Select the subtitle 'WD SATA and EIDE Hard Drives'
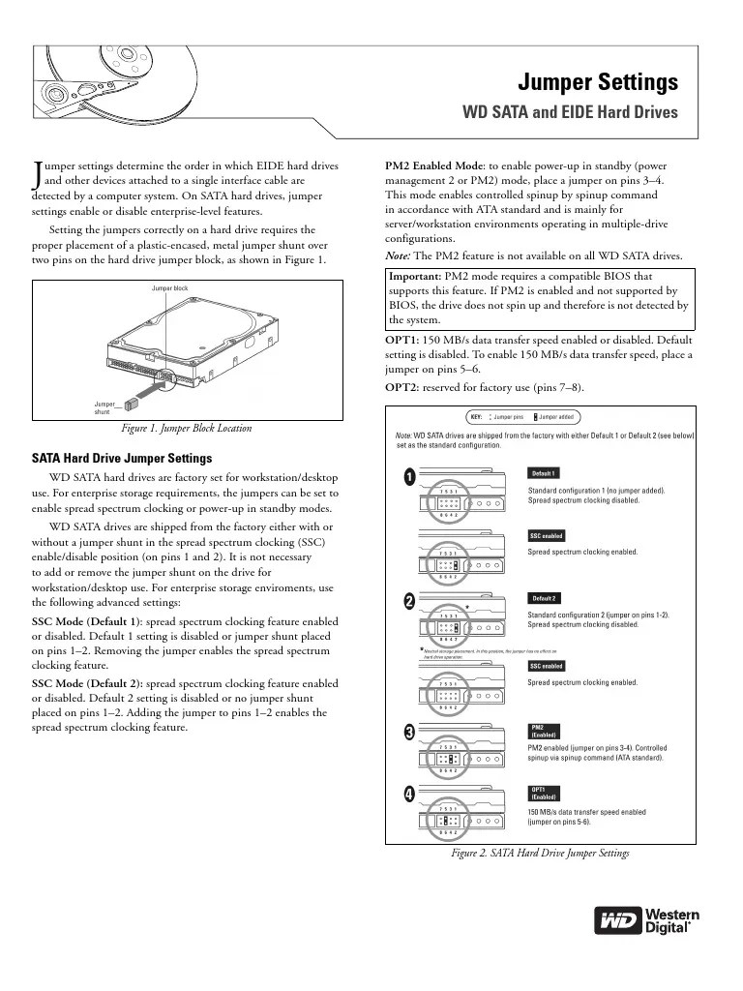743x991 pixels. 572,112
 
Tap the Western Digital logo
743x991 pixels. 647,919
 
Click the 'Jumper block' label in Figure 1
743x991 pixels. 169,289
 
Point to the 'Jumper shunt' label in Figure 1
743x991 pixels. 104,407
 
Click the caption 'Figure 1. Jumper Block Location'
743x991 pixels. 186,428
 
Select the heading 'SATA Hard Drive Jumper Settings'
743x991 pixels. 122,459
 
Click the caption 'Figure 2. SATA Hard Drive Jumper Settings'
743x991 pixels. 540,854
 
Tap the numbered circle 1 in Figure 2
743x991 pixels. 410,478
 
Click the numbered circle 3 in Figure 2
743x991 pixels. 410,733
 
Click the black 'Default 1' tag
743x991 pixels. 543,473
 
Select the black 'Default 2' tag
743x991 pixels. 543,598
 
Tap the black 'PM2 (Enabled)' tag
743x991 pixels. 543,731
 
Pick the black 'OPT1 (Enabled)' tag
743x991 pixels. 543,793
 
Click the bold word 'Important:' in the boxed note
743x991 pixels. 417,276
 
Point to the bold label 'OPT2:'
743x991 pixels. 402,388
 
